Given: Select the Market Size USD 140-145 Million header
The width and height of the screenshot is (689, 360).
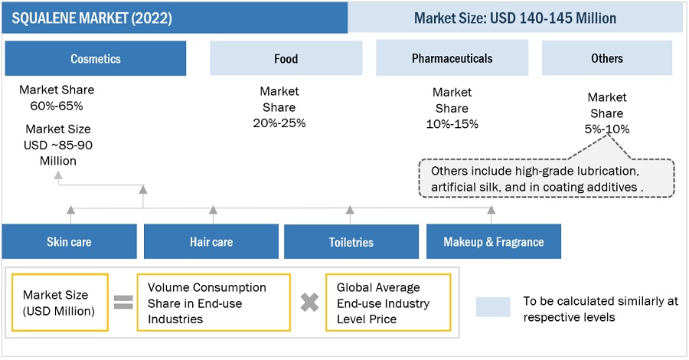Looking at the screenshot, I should click(x=514, y=18).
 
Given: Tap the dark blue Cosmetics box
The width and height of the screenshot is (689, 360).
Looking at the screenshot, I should click(x=96, y=58).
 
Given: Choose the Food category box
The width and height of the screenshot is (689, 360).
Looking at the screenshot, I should click(x=286, y=58).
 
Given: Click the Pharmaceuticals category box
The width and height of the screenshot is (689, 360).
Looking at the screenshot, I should click(x=452, y=58).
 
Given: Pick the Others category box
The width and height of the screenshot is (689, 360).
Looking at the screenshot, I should click(x=606, y=58).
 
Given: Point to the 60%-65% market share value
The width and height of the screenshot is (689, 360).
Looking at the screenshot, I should click(x=57, y=106).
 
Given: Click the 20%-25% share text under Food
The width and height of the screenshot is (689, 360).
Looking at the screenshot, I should click(x=279, y=123).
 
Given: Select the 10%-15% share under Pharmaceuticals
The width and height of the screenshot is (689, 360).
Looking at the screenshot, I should click(x=452, y=124).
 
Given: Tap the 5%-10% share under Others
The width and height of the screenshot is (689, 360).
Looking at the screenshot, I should click(x=606, y=129).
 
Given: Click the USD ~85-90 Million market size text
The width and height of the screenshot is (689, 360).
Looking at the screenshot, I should click(x=59, y=145).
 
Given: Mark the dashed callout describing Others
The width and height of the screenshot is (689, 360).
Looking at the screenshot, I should click(x=545, y=178).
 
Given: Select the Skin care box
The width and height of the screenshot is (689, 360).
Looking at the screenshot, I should click(x=69, y=242).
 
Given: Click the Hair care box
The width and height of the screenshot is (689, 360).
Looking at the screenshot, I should click(x=211, y=242).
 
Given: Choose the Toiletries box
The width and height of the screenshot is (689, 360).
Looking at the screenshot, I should click(x=351, y=242).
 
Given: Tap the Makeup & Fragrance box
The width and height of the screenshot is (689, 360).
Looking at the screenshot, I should click(x=494, y=242).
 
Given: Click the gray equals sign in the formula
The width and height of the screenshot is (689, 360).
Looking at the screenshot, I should click(x=122, y=303).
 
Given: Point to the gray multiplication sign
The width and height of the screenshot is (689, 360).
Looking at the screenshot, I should click(x=309, y=303).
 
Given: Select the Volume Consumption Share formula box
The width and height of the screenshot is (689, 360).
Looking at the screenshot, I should click(x=214, y=303).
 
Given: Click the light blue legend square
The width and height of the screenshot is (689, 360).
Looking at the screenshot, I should click(x=493, y=307).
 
